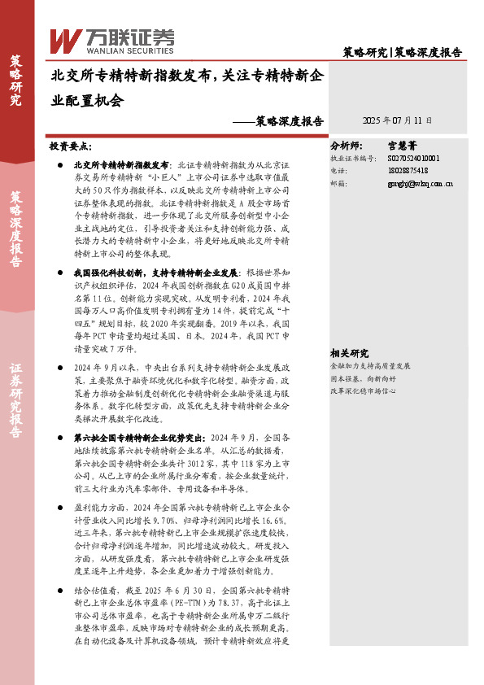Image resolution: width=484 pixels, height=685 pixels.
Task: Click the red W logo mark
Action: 65,40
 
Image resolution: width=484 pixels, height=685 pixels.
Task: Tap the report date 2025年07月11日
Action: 397,120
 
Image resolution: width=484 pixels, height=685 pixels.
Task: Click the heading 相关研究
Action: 350,330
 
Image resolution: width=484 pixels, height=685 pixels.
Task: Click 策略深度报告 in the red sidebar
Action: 16,229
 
